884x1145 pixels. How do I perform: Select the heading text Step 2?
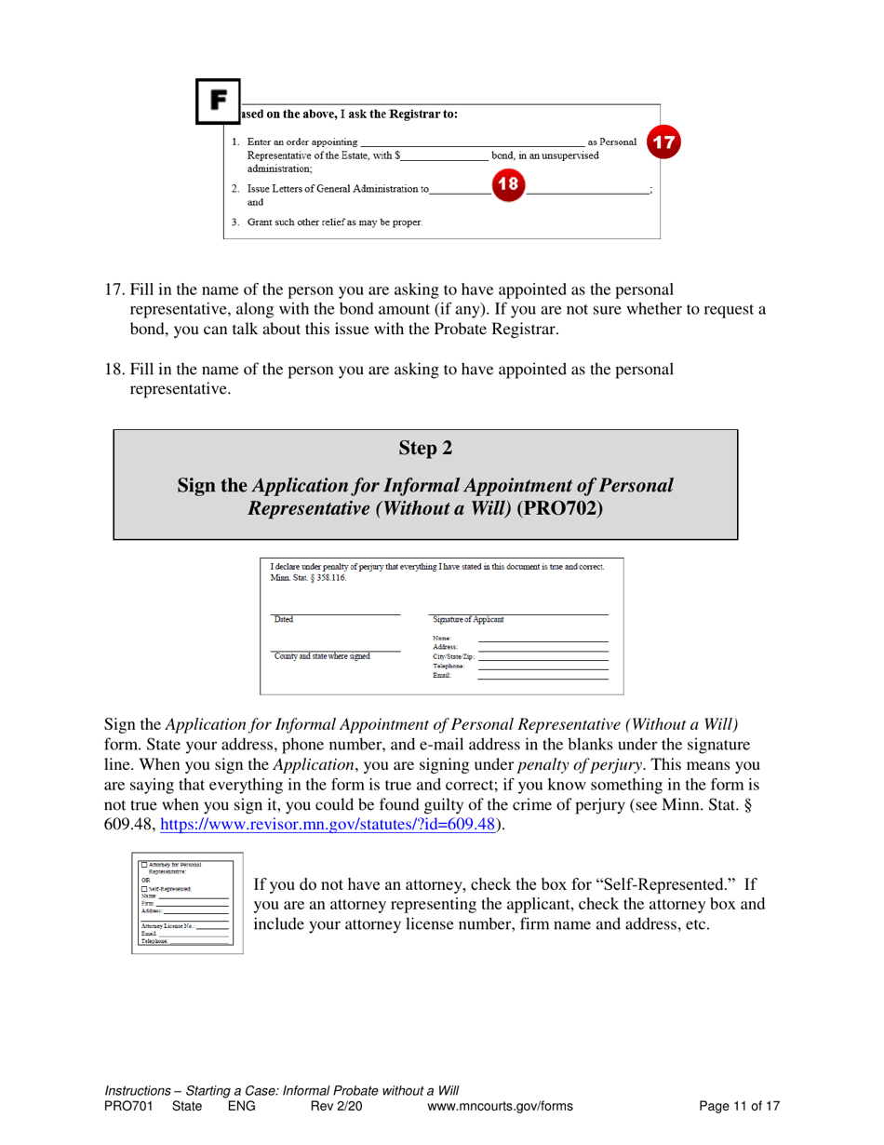(425, 448)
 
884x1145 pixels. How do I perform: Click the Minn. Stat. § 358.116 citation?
(306, 577)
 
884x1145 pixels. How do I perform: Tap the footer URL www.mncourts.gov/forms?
(500, 1106)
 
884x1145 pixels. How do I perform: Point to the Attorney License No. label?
(167, 925)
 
